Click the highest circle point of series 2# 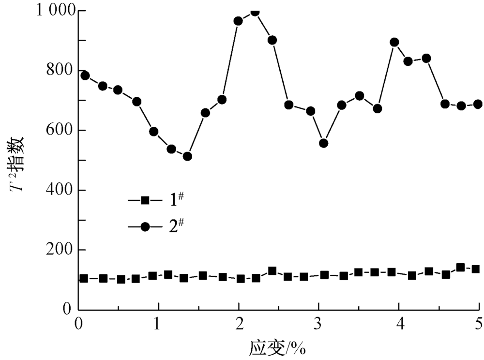click(255, 12)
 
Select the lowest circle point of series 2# click(187, 156)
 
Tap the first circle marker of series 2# click(85, 75)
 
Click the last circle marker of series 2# click(478, 104)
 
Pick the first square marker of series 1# click(84, 279)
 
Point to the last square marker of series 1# click(475, 269)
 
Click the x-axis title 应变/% click(278, 347)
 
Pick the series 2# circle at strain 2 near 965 click(238, 21)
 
